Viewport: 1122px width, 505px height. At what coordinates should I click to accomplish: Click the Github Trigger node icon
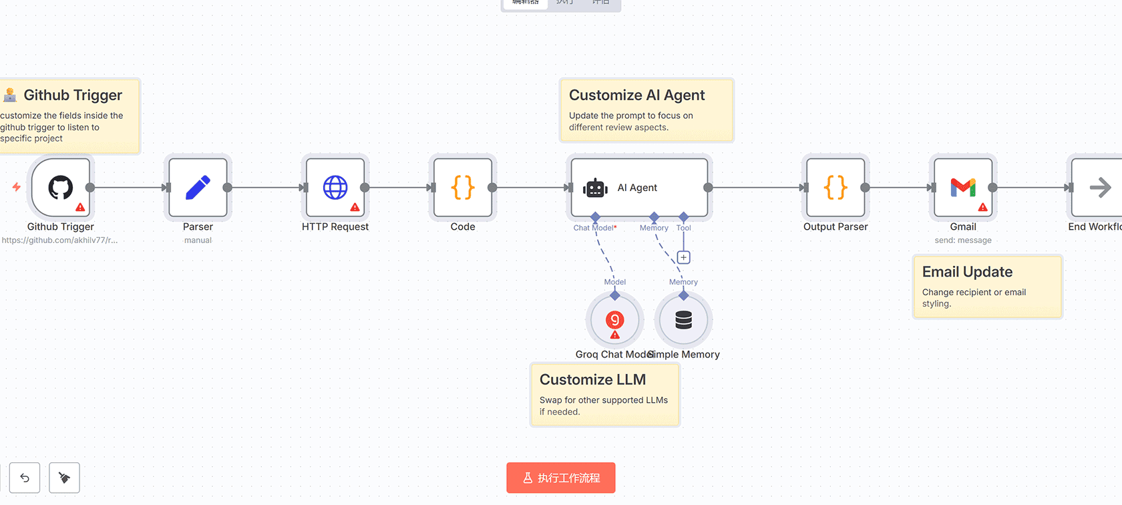tap(60, 188)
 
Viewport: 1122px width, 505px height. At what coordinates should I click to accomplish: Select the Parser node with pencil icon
tap(198, 188)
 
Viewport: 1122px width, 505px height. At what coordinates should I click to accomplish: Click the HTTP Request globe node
tap(335, 188)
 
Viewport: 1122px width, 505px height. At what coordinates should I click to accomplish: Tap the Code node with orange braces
tap(463, 188)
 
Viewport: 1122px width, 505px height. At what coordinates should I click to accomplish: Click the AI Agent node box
tap(639, 188)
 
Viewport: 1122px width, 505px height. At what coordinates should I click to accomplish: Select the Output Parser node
tap(835, 188)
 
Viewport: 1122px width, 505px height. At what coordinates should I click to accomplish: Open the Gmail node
tap(963, 188)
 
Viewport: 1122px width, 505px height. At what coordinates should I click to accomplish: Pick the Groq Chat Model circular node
tap(614, 321)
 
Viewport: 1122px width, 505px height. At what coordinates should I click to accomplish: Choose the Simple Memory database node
tap(683, 321)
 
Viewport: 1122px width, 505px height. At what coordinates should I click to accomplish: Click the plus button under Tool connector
tap(683, 258)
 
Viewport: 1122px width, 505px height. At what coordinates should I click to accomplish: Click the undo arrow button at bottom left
tap(25, 478)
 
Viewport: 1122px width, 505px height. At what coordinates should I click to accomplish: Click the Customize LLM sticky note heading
tap(592, 379)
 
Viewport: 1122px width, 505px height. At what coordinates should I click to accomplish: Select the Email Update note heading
tap(967, 272)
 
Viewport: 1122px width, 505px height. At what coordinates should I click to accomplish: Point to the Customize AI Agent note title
tap(636, 95)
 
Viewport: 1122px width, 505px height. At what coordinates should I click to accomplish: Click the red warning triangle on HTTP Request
tap(355, 207)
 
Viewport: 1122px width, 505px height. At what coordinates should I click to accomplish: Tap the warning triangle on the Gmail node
tap(982, 207)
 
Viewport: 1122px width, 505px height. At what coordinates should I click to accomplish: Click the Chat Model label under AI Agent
tap(594, 228)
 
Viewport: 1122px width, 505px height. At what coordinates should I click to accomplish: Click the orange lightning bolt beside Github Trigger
tap(16, 187)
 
